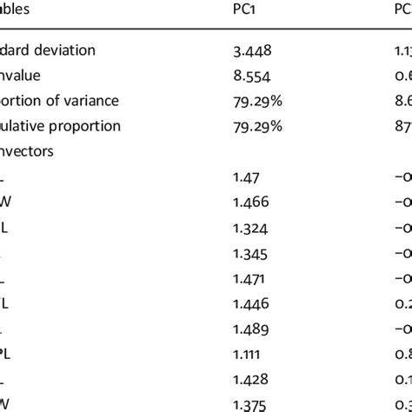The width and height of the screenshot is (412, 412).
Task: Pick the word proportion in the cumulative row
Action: point(85,126)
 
